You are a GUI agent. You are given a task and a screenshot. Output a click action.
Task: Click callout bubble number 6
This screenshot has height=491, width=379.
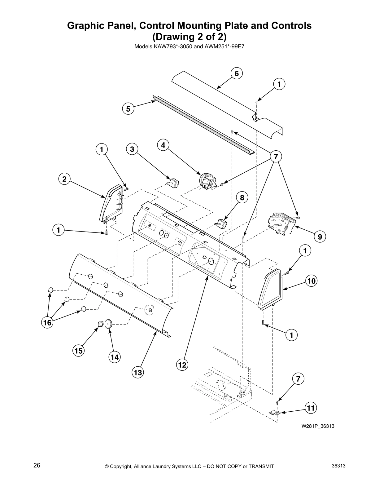click(x=237, y=73)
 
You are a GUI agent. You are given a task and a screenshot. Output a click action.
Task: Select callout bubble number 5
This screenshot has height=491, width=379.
click(x=128, y=109)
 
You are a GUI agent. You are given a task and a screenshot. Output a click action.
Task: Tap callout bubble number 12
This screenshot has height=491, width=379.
click(x=182, y=365)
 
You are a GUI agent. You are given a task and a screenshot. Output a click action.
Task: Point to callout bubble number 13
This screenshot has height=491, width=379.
click(x=138, y=372)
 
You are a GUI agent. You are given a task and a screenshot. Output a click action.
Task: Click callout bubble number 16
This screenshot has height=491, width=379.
click(x=47, y=323)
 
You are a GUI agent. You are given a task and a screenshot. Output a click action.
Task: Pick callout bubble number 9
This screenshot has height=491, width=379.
click(x=320, y=237)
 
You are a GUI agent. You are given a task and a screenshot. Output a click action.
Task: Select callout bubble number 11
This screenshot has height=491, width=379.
click(x=311, y=408)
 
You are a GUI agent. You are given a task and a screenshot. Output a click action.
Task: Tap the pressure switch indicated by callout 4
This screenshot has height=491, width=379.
click(x=207, y=180)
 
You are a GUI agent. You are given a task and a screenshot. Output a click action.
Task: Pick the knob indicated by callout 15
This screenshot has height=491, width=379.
click(x=100, y=324)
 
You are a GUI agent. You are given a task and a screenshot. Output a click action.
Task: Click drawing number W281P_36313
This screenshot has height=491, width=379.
click(x=318, y=426)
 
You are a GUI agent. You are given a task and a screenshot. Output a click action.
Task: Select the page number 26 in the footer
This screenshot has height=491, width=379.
click(x=37, y=465)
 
